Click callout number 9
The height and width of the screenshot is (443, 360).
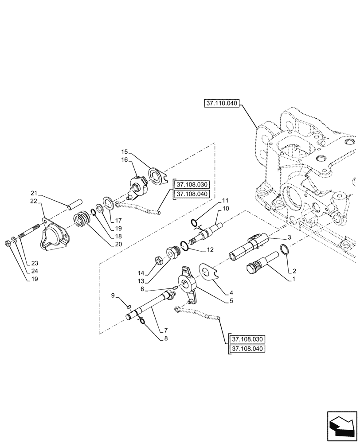(113, 295)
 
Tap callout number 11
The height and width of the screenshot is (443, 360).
(226, 200)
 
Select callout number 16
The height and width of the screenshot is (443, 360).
(124, 159)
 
